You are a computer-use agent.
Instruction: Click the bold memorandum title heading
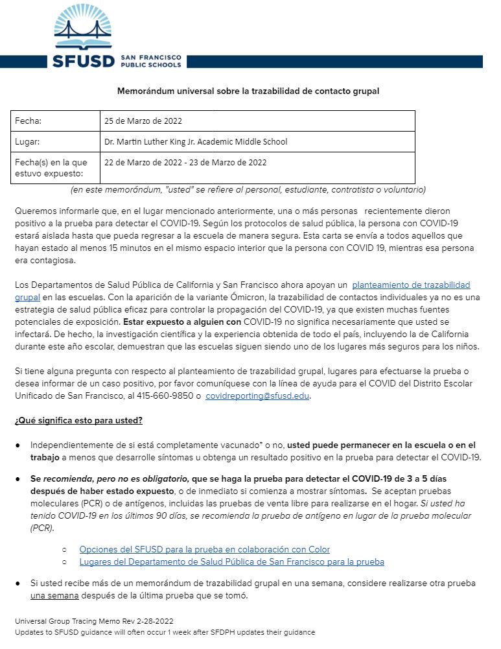tap(248, 91)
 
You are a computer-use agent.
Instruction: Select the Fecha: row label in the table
tap(29, 121)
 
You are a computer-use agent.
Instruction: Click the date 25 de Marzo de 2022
tap(143, 121)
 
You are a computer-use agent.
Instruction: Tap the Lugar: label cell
tap(28, 141)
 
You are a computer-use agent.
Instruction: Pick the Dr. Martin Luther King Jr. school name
tap(196, 141)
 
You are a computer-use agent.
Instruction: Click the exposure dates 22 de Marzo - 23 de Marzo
tap(185, 163)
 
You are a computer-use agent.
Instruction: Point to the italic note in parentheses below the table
tap(248, 190)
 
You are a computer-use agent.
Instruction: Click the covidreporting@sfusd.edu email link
tap(257, 396)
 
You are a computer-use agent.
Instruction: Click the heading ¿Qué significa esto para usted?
tap(78, 421)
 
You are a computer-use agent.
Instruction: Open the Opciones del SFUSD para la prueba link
tap(204, 550)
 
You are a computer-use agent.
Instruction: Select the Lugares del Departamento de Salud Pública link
tap(231, 562)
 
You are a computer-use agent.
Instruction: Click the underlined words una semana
tap(48, 596)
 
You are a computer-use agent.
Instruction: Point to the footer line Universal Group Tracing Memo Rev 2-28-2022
tap(94, 621)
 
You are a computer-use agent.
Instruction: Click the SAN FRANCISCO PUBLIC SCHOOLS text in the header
tap(150, 62)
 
